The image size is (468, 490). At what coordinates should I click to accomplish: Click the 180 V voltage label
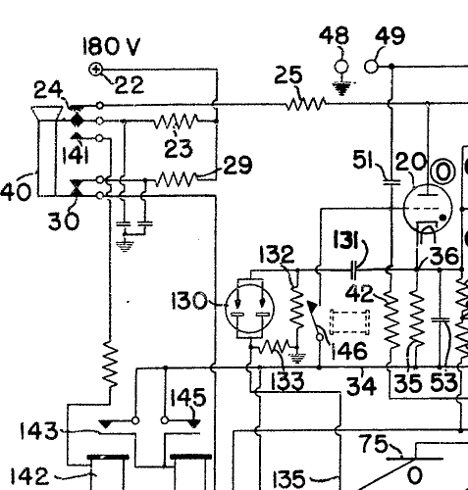pyautogui.click(x=112, y=46)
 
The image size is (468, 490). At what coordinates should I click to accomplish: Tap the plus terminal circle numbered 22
pyautogui.click(x=96, y=70)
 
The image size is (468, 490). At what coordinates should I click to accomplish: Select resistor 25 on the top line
pyautogui.click(x=306, y=103)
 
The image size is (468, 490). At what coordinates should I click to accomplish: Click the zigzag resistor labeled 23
pyautogui.click(x=176, y=121)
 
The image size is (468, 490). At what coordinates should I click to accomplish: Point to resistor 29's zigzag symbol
pyautogui.click(x=177, y=179)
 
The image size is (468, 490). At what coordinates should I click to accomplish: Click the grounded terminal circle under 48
pyautogui.click(x=341, y=67)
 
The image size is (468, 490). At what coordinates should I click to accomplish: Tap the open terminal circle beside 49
pyautogui.click(x=371, y=67)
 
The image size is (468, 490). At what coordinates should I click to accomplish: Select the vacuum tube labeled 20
pyautogui.click(x=428, y=208)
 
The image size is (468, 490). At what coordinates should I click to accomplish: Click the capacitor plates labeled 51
pyautogui.click(x=391, y=182)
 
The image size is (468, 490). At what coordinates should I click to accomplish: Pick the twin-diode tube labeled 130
pyautogui.click(x=249, y=309)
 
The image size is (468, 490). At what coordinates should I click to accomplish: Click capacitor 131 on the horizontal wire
pyautogui.click(x=353, y=269)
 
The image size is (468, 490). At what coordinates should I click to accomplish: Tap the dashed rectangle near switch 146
pyautogui.click(x=350, y=322)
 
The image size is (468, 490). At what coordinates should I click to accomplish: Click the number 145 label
pyautogui.click(x=188, y=397)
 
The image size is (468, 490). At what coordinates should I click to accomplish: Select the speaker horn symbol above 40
pyautogui.click(x=47, y=113)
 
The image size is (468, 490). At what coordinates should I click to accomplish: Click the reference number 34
pyautogui.click(x=361, y=386)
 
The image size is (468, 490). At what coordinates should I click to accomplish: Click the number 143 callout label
pyautogui.click(x=38, y=431)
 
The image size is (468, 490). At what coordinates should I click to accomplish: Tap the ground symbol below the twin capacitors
pyautogui.click(x=125, y=246)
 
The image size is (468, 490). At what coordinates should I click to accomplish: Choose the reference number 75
pyautogui.click(x=373, y=444)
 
